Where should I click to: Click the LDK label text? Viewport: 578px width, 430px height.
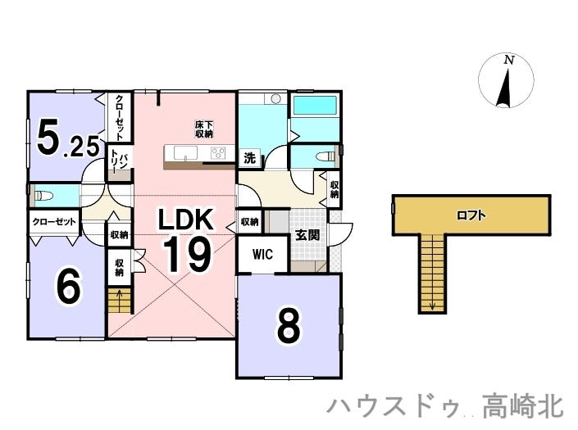[x=186, y=220]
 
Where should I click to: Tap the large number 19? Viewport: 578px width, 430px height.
[x=187, y=254]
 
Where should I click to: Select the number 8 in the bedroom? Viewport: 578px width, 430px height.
[x=289, y=324]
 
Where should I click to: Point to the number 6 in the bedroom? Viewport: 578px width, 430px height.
[x=67, y=287]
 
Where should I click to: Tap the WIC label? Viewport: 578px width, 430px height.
[x=263, y=254]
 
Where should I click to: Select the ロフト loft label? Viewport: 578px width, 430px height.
[x=471, y=215]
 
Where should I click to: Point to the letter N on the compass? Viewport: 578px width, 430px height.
[x=509, y=60]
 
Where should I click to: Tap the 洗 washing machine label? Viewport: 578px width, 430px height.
[x=249, y=158]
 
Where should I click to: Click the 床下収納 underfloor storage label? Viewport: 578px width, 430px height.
[x=204, y=129]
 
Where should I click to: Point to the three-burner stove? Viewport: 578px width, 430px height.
[x=218, y=153]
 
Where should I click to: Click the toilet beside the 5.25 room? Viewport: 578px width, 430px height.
[x=42, y=196]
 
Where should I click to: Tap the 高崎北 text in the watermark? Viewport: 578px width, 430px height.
[x=523, y=406]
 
